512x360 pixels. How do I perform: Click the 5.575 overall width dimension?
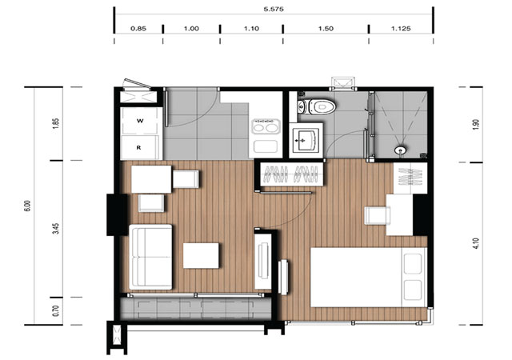pyautogui.click(x=274, y=9)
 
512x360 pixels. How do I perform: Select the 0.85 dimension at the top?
pyautogui.click(x=138, y=29)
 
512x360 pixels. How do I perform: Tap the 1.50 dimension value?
pyautogui.click(x=326, y=29)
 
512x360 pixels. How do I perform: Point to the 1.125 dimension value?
pyautogui.click(x=401, y=29)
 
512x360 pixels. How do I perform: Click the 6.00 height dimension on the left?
pyautogui.click(x=27, y=206)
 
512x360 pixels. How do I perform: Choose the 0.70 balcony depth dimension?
pyautogui.click(x=56, y=310)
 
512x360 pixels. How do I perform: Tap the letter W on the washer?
pyautogui.click(x=140, y=121)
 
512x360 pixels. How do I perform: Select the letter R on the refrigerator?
pyautogui.click(x=138, y=148)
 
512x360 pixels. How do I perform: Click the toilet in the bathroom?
pyautogui.click(x=317, y=106)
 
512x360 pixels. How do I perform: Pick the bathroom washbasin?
pyautogui.click(x=306, y=141)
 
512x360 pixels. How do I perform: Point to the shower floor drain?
pyautogui.click(x=400, y=150)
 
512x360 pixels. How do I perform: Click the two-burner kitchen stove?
pyautogui.click(x=265, y=126)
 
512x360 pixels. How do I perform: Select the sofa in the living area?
pyautogui.click(x=150, y=257)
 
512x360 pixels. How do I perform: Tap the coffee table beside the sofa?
pyautogui.click(x=201, y=255)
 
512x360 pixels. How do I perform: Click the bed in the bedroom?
pyautogui.click(x=369, y=277)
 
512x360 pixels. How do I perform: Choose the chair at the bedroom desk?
pyautogui.click(x=377, y=216)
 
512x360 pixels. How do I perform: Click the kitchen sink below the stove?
pyautogui.click(x=266, y=146)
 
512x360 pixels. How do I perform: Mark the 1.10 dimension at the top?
pyautogui.click(x=251, y=29)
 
